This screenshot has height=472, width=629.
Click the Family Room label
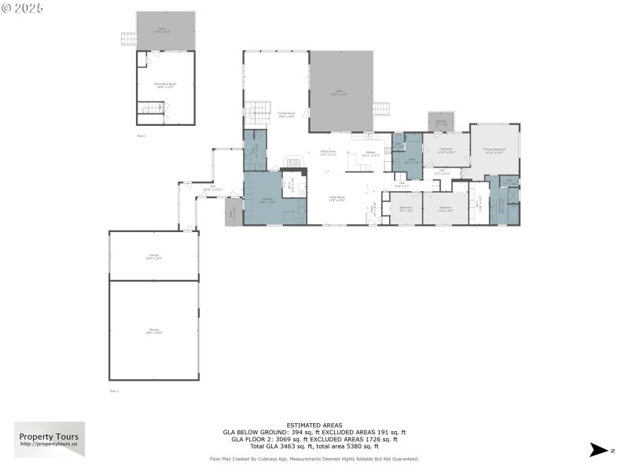[285, 114]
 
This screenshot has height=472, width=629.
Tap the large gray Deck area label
[340, 93]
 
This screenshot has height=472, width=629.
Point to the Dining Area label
[329, 153]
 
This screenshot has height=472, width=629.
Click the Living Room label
[337, 199]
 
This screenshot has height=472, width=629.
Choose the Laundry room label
[267, 200]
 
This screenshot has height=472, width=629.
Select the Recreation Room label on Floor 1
[165, 84]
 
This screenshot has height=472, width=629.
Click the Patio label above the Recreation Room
[162, 30]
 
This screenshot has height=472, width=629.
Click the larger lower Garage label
[153, 330]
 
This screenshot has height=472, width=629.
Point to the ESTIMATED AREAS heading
[314, 426]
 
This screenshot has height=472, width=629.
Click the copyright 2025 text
[23, 8]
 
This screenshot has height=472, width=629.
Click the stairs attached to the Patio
[128, 38]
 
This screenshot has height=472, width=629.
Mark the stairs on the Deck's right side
[381, 109]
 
